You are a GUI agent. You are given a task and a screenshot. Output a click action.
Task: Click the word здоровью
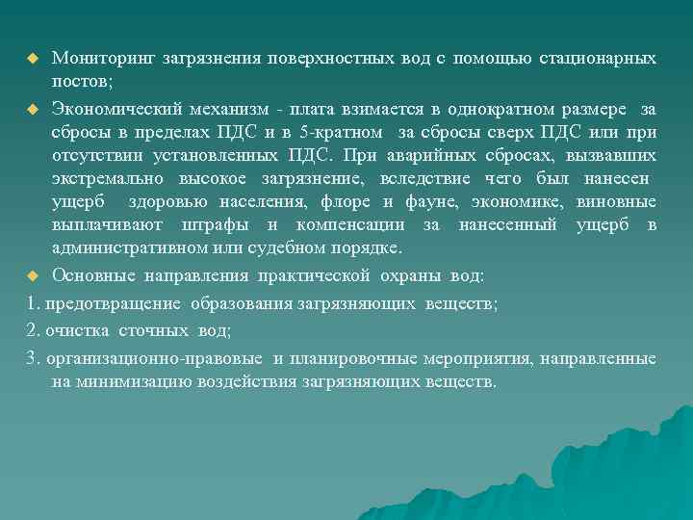tap(193, 202)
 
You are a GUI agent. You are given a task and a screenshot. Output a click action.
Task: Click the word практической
tap(314, 276)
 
